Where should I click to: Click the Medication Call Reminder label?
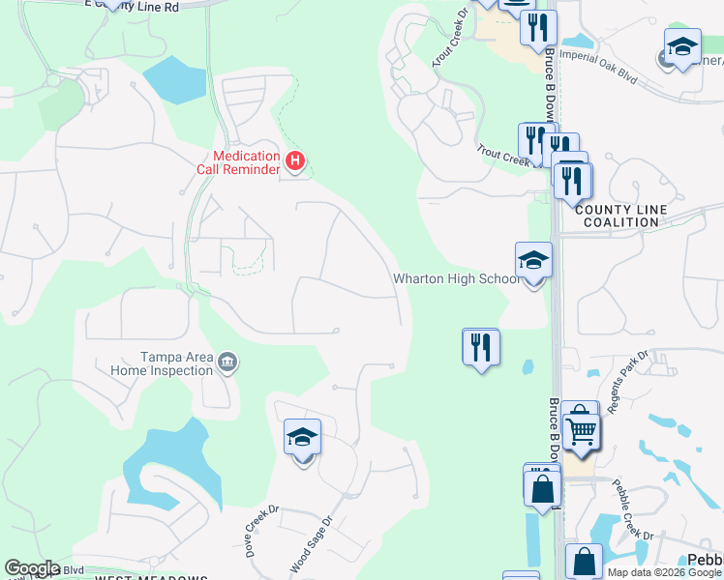pos(247,161)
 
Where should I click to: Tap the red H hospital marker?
pos(296,160)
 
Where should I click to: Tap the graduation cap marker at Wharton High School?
pos(533,261)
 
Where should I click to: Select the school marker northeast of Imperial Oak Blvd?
pos(681,47)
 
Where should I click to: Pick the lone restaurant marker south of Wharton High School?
pos(481,346)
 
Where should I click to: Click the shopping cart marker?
pos(581,428)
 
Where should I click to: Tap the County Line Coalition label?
pos(617,216)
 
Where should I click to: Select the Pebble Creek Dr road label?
pos(635,509)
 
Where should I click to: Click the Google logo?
pos(32,568)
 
